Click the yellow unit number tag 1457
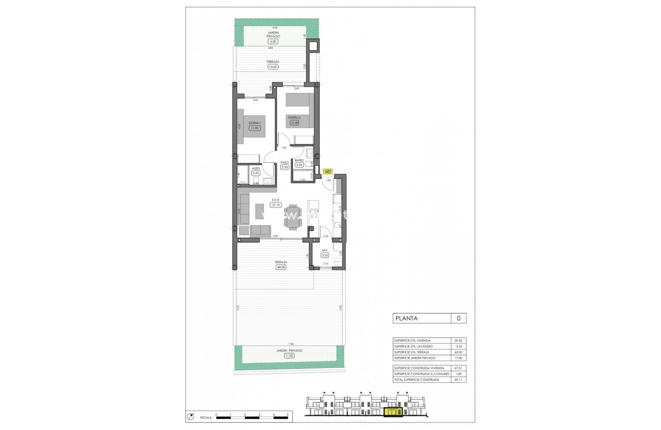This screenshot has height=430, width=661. (x=328, y=171)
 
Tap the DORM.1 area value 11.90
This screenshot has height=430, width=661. (x=255, y=128)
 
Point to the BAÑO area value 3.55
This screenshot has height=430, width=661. (x=299, y=164)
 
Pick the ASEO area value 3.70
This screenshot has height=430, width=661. (x=255, y=173)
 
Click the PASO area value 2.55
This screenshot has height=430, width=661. (x=284, y=167)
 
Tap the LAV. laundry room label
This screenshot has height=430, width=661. (x=324, y=250)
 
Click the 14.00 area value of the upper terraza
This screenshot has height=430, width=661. (x=273, y=67)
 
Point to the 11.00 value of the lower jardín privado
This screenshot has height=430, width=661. (x=289, y=356)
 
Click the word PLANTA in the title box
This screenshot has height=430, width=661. (x=407, y=318)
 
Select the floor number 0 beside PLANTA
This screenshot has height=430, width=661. (x=458, y=318)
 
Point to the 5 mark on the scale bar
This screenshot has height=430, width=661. (x=287, y=415)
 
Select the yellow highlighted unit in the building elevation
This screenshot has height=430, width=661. (x=393, y=411)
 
